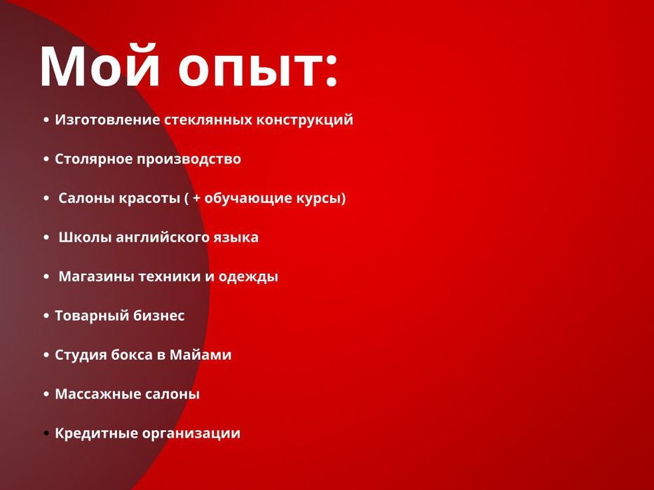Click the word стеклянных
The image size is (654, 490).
click(x=207, y=120)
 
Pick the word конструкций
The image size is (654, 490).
click(x=304, y=120)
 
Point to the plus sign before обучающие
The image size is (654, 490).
click(x=197, y=199)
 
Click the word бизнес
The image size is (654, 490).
click(x=159, y=316)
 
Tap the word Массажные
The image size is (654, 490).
click(x=97, y=394)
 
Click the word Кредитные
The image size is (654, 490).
click(x=95, y=434)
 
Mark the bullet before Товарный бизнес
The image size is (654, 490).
click(x=46, y=316)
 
